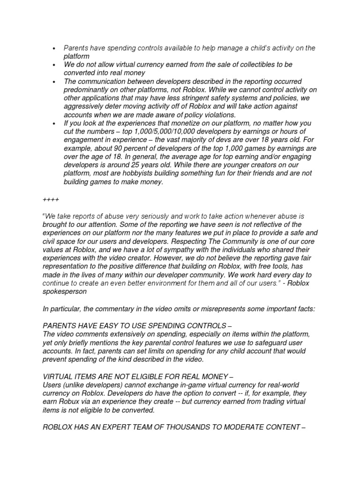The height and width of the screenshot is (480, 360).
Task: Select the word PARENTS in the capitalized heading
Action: click(x=61, y=325)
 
